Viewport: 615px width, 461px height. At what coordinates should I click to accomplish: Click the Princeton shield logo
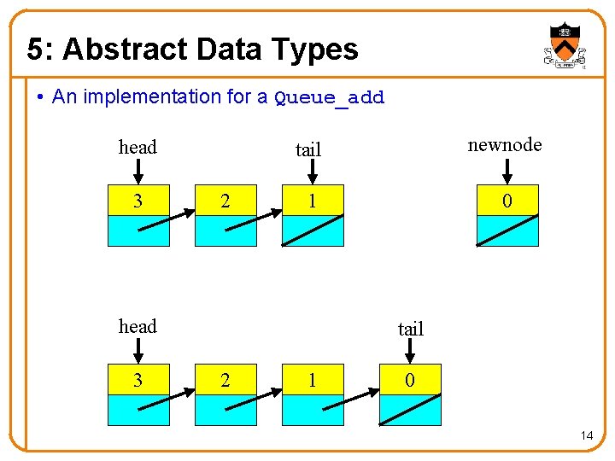click(564, 45)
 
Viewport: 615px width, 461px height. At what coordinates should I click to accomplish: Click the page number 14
click(587, 436)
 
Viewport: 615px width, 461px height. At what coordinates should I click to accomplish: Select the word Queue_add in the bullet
click(330, 98)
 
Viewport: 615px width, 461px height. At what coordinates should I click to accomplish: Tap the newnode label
click(505, 145)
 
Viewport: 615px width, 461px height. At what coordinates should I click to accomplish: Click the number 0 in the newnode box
click(507, 201)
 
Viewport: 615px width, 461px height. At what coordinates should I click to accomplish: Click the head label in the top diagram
click(138, 148)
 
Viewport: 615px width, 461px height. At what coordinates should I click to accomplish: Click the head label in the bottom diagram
click(138, 327)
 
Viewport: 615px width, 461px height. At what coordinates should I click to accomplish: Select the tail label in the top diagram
click(308, 150)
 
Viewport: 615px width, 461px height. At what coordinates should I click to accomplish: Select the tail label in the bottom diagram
click(411, 330)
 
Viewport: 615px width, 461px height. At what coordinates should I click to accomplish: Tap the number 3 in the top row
click(138, 201)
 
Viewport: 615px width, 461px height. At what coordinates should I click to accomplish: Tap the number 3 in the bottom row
click(138, 380)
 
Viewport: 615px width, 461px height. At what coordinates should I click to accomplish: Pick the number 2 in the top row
click(225, 201)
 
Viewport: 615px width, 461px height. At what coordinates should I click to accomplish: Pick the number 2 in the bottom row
click(225, 380)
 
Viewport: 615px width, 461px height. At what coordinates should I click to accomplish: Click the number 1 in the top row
click(313, 201)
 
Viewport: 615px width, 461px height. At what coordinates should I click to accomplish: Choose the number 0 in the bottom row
click(410, 380)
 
